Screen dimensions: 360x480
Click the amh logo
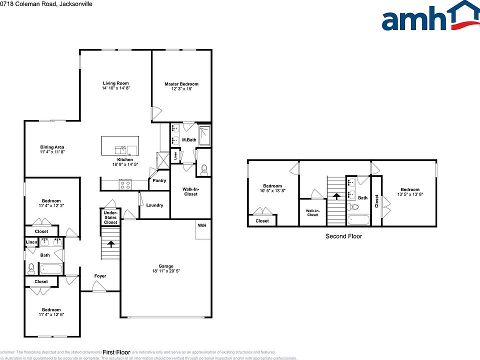[x=429, y=16]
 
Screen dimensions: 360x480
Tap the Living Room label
[x=116, y=83]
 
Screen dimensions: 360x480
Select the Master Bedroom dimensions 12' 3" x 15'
[x=181, y=89]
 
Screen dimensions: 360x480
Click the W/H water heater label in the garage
[x=202, y=225]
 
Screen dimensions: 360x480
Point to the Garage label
[x=166, y=266]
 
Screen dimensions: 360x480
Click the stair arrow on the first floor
[x=111, y=244]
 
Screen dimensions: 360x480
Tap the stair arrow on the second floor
[x=337, y=196]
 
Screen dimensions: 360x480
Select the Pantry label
[x=159, y=180]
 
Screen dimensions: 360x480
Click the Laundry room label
[x=154, y=205]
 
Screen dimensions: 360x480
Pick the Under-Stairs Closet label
[x=110, y=217]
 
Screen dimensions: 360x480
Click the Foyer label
[x=100, y=276]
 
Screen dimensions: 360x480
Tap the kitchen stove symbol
[x=125, y=184]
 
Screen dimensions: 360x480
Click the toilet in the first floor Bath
[x=31, y=268]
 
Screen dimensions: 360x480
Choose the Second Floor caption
[x=343, y=236]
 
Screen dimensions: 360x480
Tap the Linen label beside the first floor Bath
[x=31, y=242]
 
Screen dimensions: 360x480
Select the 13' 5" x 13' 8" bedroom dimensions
[x=409, y=194]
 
